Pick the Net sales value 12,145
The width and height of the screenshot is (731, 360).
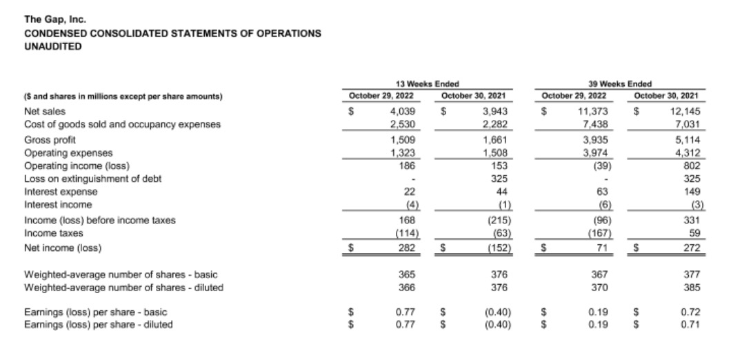coord(685,110)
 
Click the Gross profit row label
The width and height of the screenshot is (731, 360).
coord(47,139)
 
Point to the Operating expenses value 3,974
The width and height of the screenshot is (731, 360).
coord(593,152)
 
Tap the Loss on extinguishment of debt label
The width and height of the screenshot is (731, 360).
coord(92,179)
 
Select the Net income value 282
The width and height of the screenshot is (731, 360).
coord(404,247)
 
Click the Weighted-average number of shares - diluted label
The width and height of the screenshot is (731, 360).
coord(123,287)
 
